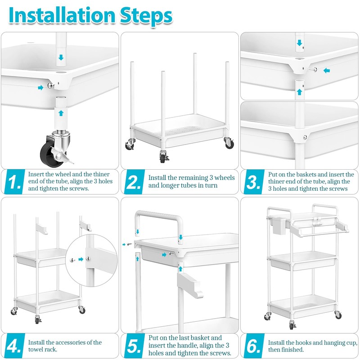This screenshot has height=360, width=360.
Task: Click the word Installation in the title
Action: (x=62, y=15)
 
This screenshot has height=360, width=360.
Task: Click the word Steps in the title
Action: (x=146, y=17)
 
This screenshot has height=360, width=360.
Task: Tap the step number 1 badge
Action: (x=15, y=182)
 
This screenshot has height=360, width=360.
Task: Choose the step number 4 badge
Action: (x=15, y=346)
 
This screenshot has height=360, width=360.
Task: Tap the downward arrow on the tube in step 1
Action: (x=61, y=57)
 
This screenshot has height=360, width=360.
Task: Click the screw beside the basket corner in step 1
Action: (x=51, y=85)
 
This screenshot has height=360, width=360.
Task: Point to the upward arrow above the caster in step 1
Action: (x=61, y=113)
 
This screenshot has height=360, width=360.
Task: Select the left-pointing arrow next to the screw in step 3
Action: (x=327, y=71)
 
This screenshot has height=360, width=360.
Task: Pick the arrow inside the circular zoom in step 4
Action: (x=81, y=259)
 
